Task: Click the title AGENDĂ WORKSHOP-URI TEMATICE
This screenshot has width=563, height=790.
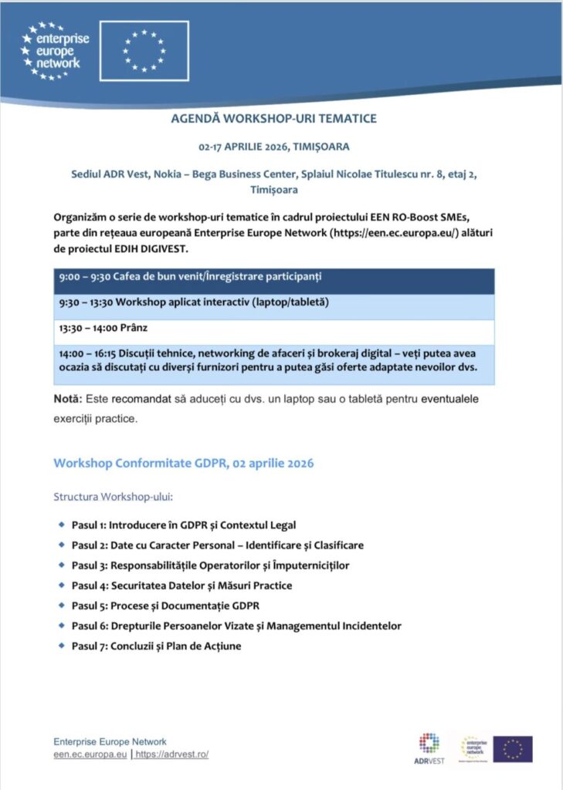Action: (x=274, y=120)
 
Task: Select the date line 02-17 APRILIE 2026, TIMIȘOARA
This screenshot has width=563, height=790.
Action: (x=274, y=147)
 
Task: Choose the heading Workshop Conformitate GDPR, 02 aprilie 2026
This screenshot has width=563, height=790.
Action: (x=184, y=464)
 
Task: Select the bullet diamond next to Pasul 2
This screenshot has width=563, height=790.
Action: (x=61, y=545)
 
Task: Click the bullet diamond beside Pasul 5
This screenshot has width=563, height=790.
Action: (x=61, y=605)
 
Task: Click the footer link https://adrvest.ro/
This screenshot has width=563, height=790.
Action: (x=171, y=755)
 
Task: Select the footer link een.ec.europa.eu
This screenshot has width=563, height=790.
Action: (x=90, y=755)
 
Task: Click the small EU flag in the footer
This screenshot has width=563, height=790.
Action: (x=513, y=748)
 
